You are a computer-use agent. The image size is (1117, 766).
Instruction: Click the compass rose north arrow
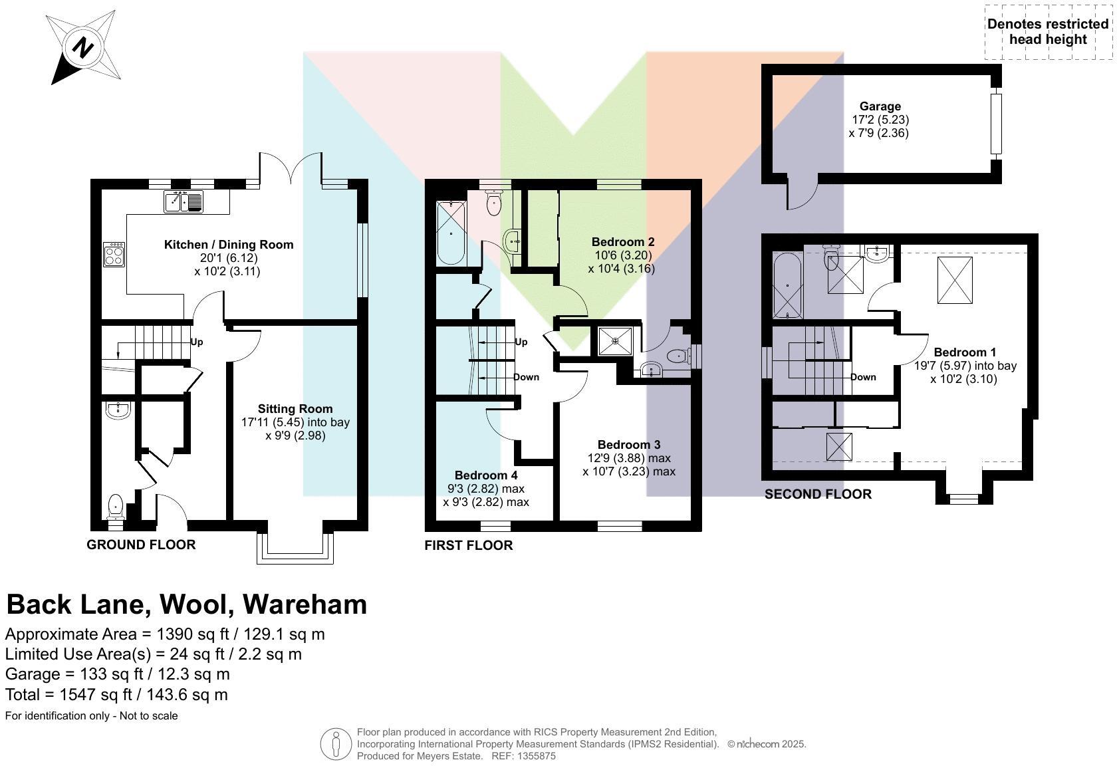[x=82, y=49]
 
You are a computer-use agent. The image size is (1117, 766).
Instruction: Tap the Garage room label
[x=880, y=106]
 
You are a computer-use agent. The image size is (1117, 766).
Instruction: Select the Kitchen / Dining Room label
[x=229, y=245]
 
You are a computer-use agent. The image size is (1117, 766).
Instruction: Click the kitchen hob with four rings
[x=114, y=254]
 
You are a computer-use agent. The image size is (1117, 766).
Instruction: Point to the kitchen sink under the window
[x=184, y=201]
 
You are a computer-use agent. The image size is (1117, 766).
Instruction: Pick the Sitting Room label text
[x=295, y=409]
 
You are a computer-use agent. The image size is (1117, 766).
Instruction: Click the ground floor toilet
[x=115, y=507]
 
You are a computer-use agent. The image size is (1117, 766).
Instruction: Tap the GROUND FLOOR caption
[x=141, y=545]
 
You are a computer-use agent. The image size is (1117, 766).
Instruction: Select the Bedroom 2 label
[x=623, y=242]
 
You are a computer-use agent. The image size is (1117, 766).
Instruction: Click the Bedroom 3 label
[x=629, y=445]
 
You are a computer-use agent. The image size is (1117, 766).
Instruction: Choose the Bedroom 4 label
[x=486, y=475]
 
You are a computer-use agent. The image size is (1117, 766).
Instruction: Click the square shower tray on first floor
[x=616, y=341]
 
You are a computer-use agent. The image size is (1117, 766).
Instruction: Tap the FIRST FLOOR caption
[x=469, y=545]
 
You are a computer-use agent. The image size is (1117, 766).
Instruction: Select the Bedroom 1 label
[x=965, y=352]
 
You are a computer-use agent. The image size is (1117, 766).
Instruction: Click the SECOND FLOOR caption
[x=818, y=494]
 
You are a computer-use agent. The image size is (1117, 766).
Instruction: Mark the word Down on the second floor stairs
[x=863, y=377]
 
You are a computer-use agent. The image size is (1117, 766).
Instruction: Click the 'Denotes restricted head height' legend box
[x=1047, y=32]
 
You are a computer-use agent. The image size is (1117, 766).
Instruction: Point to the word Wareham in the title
[x=305, y=604]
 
